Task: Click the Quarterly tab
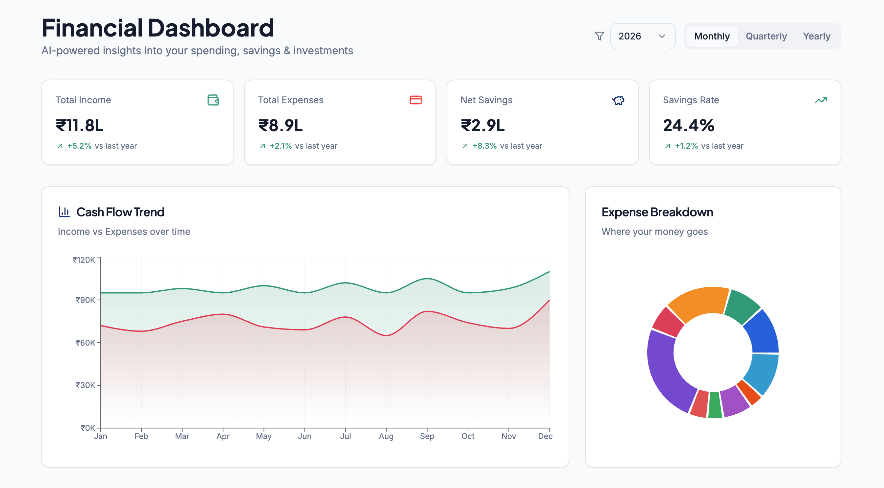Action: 766,36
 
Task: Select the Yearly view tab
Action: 816,36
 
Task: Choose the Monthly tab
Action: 712,36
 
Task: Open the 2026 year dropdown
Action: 642,36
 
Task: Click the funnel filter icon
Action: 599,36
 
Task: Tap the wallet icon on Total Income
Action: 213,100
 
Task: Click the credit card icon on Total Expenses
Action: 415,100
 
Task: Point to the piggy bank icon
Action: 618,100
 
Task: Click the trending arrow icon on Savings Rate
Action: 821,100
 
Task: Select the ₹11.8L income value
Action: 80,126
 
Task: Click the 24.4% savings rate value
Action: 688,126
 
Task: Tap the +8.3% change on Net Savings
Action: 484,146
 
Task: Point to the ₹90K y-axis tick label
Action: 86,300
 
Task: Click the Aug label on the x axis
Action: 386,436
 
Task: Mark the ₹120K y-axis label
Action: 84,260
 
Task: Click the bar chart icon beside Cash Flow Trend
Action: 64,212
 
